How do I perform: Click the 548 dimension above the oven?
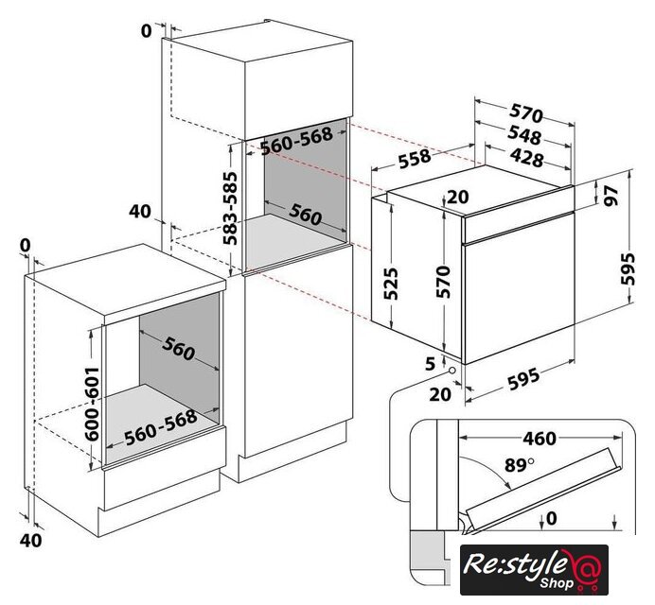tap(524, 134)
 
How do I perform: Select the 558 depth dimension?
tap(415, 159)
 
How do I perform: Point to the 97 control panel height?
tap(611, 196)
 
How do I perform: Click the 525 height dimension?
tap(391, 284)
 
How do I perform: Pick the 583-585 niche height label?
tap(230, 208)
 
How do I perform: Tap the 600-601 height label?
tap(92, 404)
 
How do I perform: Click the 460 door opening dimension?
tap(540, 439)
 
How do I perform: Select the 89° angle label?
tap(520, 465)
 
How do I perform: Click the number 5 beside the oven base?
tap(431, 364)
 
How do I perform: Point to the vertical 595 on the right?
tap(628, 268)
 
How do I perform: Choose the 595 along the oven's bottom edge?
tap(523, 379)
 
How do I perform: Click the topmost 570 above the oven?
tap(526, 113)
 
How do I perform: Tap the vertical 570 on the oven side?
tap(443, 282)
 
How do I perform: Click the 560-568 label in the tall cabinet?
tap(296, 141)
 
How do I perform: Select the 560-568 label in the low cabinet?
tap(160, 427)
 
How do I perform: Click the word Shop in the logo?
tap(556, 582)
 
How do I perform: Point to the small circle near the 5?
tap(452, 371)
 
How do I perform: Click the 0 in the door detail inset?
tap(552, 518)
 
